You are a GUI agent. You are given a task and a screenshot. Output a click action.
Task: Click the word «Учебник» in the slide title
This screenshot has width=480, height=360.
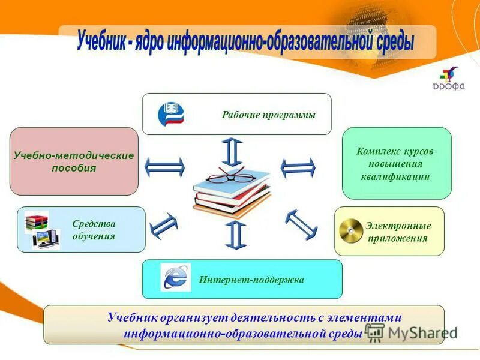[100, 43]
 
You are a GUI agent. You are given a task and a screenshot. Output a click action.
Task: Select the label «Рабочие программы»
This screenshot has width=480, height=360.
[268, 115]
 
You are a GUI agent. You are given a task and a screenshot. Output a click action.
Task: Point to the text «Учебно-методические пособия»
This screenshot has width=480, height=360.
[74, 161]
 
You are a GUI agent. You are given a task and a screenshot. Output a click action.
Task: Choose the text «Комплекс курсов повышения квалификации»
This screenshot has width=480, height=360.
[395, 164]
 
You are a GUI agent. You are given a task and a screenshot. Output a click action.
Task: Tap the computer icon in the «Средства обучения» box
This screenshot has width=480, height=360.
[46, 239]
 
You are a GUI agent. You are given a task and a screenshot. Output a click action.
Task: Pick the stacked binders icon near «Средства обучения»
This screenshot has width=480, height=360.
[36, 222]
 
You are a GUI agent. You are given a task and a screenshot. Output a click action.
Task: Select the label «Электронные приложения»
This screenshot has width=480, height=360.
[398, 232]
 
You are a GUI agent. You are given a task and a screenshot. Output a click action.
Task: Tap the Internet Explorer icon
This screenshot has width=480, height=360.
[176, 278]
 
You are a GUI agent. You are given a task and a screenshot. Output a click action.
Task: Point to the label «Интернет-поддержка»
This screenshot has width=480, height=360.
[251, 280]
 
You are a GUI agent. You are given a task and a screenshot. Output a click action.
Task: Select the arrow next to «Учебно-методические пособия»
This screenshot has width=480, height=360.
[164, 167]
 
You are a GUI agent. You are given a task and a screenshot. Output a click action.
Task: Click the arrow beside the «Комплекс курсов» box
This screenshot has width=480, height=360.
[298, 167]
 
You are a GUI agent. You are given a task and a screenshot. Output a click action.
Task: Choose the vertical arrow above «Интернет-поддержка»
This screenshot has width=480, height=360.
[236, 235]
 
